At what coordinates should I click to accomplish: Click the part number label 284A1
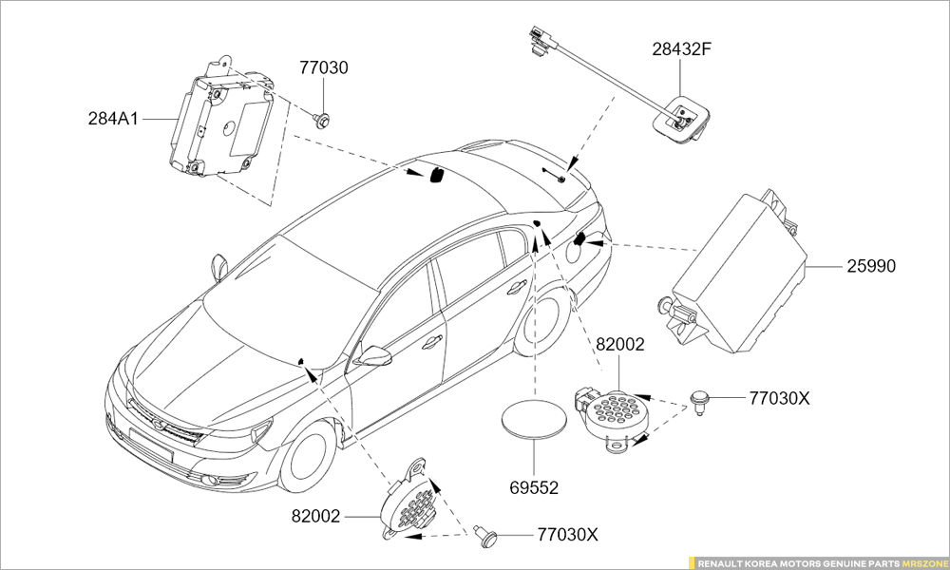114,120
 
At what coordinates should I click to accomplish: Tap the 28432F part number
681,49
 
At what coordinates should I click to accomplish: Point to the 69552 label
533,488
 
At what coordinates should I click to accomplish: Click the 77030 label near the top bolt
324,68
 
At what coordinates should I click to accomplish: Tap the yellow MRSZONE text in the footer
922,562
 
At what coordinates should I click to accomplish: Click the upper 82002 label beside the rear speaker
620,346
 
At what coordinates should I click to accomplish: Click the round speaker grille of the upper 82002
609,414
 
